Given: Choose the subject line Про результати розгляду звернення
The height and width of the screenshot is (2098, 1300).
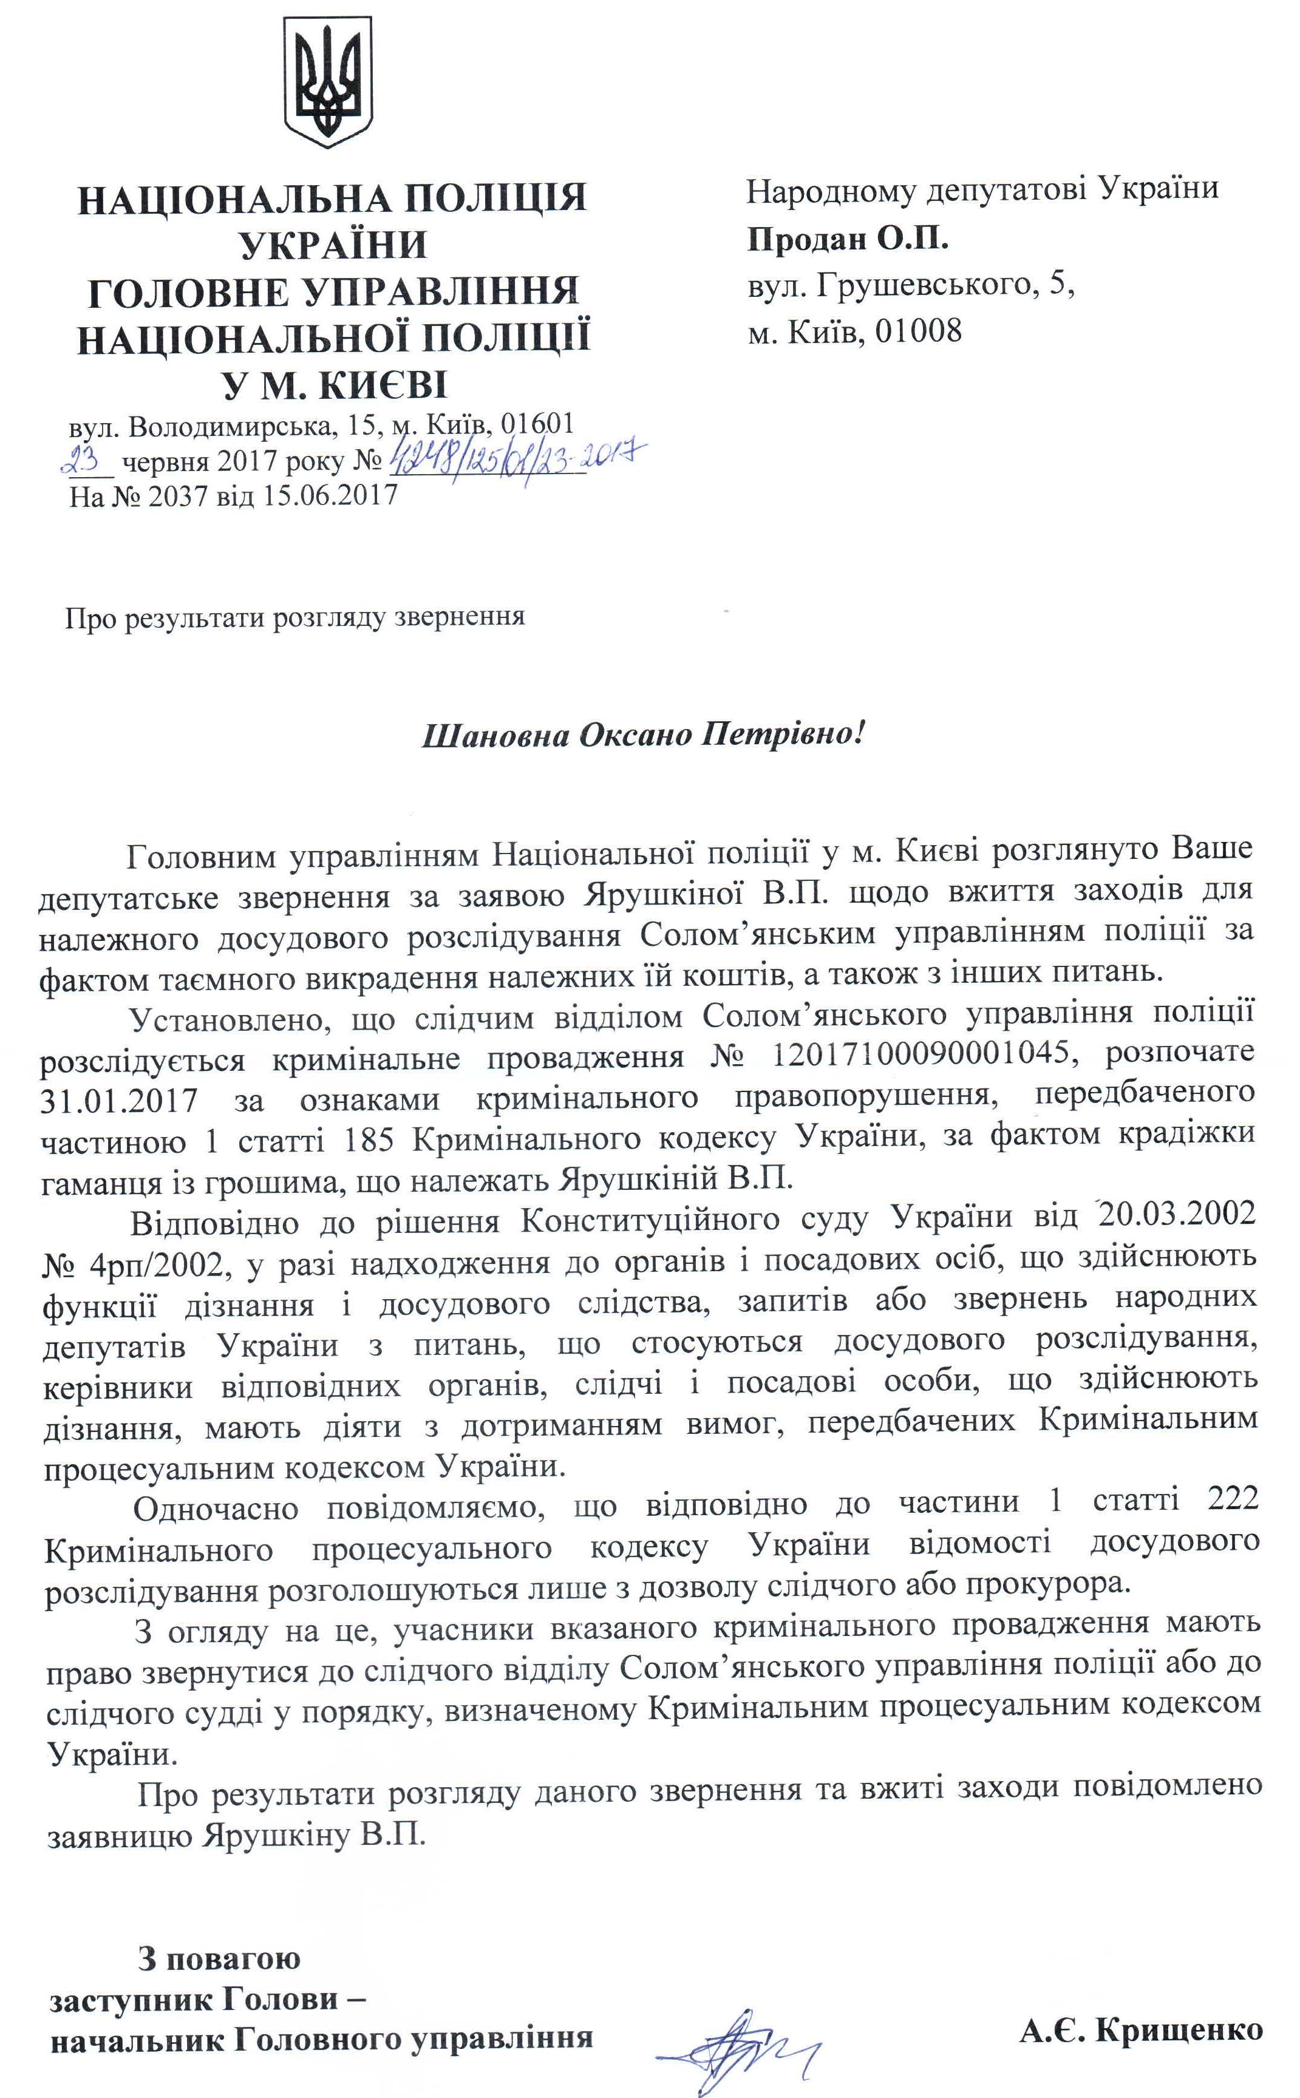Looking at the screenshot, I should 295,617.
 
